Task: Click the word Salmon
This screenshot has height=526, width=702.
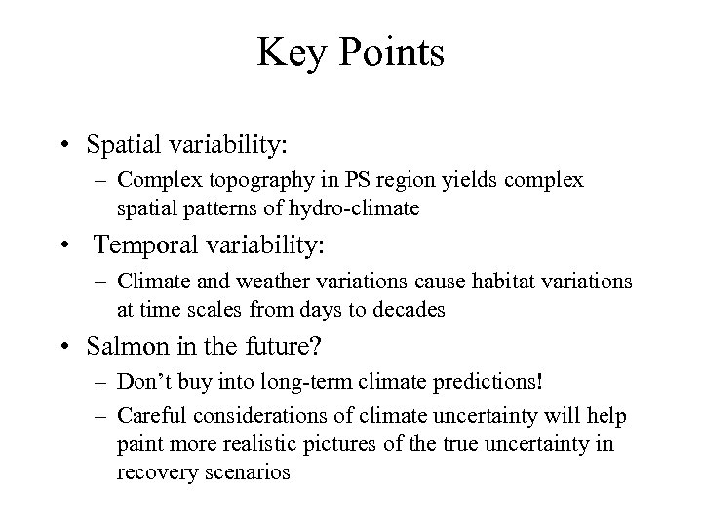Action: (127, 346)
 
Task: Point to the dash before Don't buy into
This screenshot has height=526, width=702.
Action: (102, 382)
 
